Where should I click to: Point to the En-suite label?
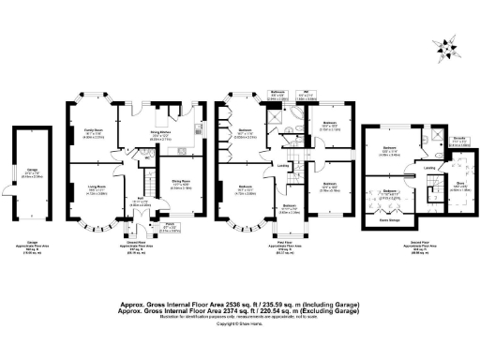(x=460, y=139)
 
